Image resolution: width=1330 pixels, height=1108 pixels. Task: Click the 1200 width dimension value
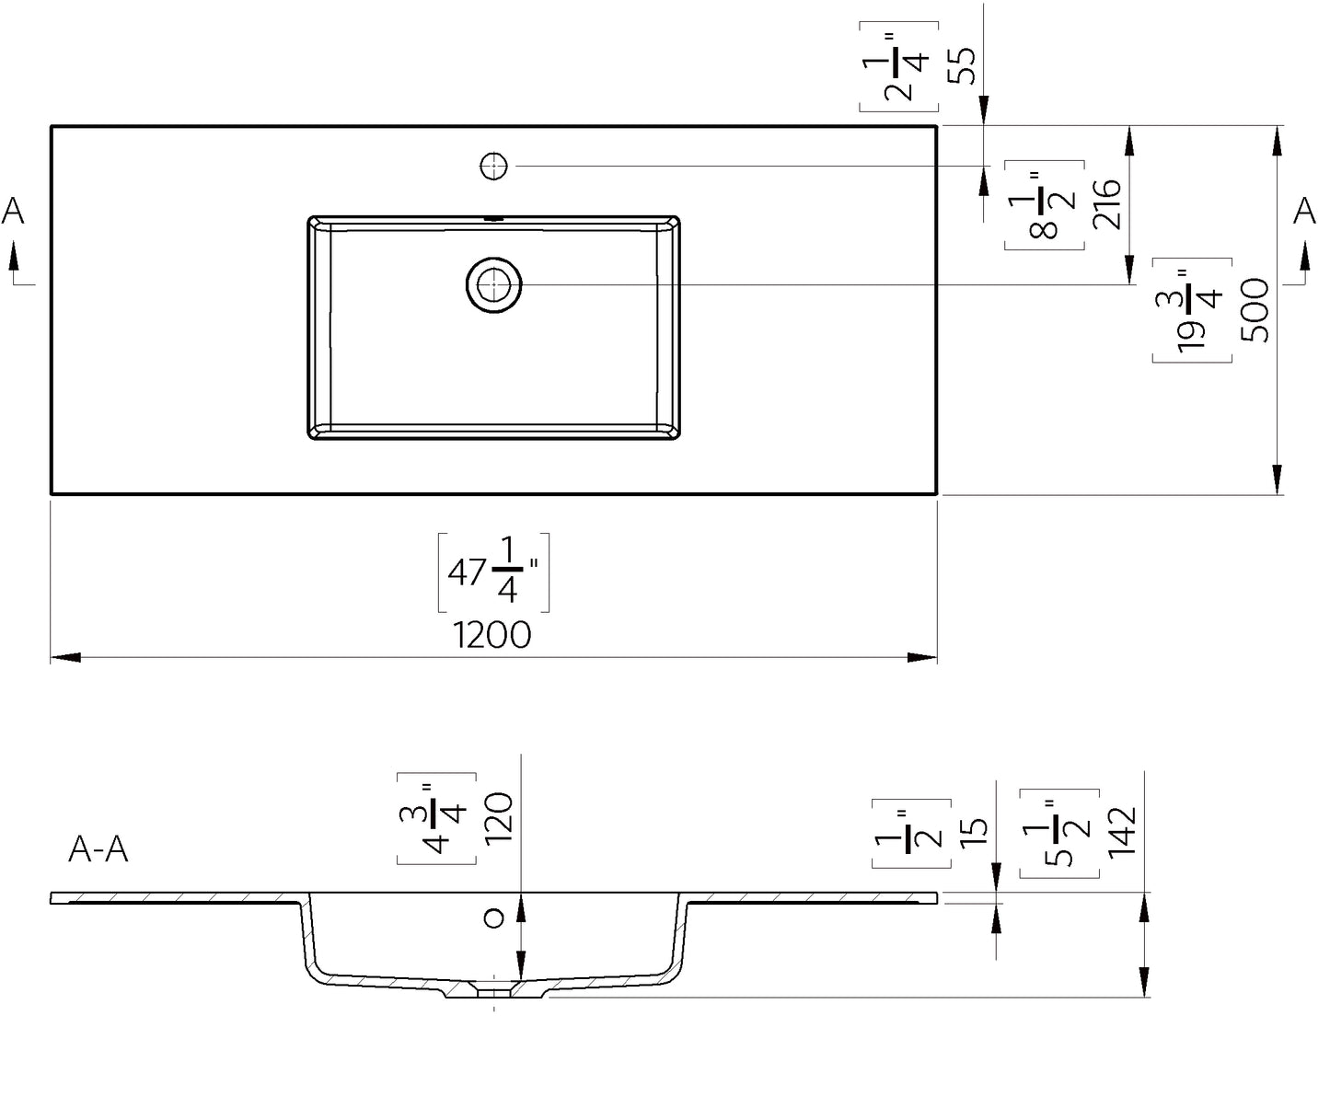pyautogui.click(x=492, y=635)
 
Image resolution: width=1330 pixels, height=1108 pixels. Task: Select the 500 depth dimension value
pyautogui.click(x=1254, y=310)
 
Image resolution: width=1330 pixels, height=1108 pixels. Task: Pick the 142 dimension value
pyautogui.click(x=1122, y=831)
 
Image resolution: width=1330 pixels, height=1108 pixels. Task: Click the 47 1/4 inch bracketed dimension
pyautogui.click(x=493, y=572)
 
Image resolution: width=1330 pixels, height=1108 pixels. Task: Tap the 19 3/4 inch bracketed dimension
pyautogui.click(x=1194, y=310)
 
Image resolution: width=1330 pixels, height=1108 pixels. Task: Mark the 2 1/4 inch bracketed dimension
pyautogui.click(x=899, y=65)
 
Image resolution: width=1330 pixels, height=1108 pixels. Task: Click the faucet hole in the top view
pyautogui.click(x=494, y=167)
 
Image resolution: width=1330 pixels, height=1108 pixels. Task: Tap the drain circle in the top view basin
pyautogui.click(x=494, y=284)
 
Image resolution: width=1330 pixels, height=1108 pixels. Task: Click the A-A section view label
pyautogui.click(x=98, y=849)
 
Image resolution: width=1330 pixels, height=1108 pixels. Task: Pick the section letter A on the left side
pyautogui.click(x=13, y=212)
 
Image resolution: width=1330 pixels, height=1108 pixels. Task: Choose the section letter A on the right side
pyautogui.click(x=1304, y=212)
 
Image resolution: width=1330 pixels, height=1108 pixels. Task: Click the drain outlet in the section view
pyautogui.click(x=495, y=989)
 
